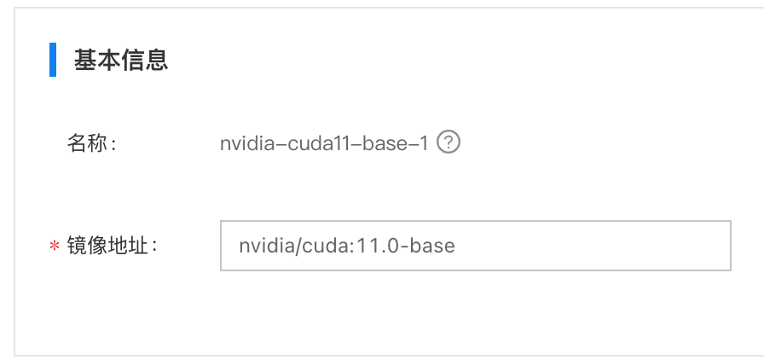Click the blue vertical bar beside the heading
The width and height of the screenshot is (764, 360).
[53, 60]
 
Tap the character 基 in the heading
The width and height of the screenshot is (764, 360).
[85, 61]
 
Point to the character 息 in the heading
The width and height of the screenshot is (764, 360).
[156, 61]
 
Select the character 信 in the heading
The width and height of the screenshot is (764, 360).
[132, 61]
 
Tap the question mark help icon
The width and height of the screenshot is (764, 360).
[449, 142]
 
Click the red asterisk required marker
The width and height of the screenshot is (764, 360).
[54, 246]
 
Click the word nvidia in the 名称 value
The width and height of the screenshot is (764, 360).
[251, 143]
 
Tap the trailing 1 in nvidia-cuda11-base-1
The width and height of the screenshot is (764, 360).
[424, 143]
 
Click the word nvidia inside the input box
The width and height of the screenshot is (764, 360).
[267, 246]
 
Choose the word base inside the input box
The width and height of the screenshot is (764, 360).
[432, 246]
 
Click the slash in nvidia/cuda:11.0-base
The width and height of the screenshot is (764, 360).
[299, 246]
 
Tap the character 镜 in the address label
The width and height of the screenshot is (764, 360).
[77, 246]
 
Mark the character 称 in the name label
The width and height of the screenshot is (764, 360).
[97, 143]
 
